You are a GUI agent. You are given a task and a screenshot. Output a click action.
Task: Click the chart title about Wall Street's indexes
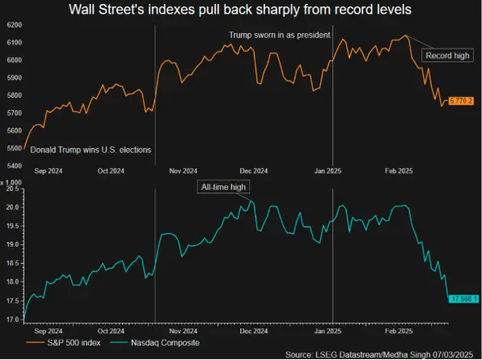pyautogui.click(x=241, y=11)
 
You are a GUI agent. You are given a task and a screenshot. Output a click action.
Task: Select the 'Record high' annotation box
pyautogui.click(x=449, y=55)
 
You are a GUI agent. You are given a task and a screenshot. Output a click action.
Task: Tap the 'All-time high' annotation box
pyautogui.click(x=224, y=187)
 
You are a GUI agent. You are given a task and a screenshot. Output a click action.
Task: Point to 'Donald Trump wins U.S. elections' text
pyautogui.click(x=91, y=150)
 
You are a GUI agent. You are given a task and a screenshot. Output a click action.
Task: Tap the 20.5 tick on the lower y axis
pyautogui.click(x=11, y=188)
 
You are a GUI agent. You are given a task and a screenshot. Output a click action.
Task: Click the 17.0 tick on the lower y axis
pyautogui.click(x=11, y=320)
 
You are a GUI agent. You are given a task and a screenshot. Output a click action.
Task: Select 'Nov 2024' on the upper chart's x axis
pyautogui.click(x=184, y=171)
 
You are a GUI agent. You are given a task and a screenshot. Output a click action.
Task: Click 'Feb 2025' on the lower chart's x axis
pyautogui.click(x=397, y=331)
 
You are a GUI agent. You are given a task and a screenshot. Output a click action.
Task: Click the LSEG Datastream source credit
pyautogui.click(x=383, y=354)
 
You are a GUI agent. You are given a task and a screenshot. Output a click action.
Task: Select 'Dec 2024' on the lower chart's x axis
pyautogui.click(x=255, y=331)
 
